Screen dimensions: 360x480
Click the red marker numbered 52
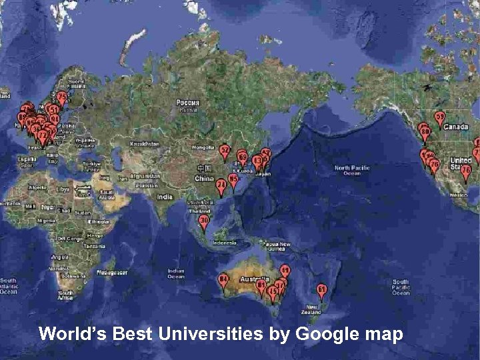(x=225, y=151)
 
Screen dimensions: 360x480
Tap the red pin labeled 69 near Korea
(x=243, y=158)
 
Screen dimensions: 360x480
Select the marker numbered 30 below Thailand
(x=204, y=221)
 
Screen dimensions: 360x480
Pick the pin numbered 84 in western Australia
(x=224, y=279)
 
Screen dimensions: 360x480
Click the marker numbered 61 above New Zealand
(x=322, y=290)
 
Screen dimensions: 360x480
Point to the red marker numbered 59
(x=440, y=117)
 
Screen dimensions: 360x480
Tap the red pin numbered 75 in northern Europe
(x=62, y=97)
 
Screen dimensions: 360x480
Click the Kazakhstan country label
(x=145, y=143)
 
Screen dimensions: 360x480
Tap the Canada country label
(x=457, y=127)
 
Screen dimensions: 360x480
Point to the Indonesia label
(x=224, y=243)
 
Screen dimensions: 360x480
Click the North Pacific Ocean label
(x=351, y=170)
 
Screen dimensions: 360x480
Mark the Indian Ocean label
(x=176, y=273)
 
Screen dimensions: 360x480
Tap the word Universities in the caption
(x=211, y=333)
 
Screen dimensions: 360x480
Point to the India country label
(x=165, y=197)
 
